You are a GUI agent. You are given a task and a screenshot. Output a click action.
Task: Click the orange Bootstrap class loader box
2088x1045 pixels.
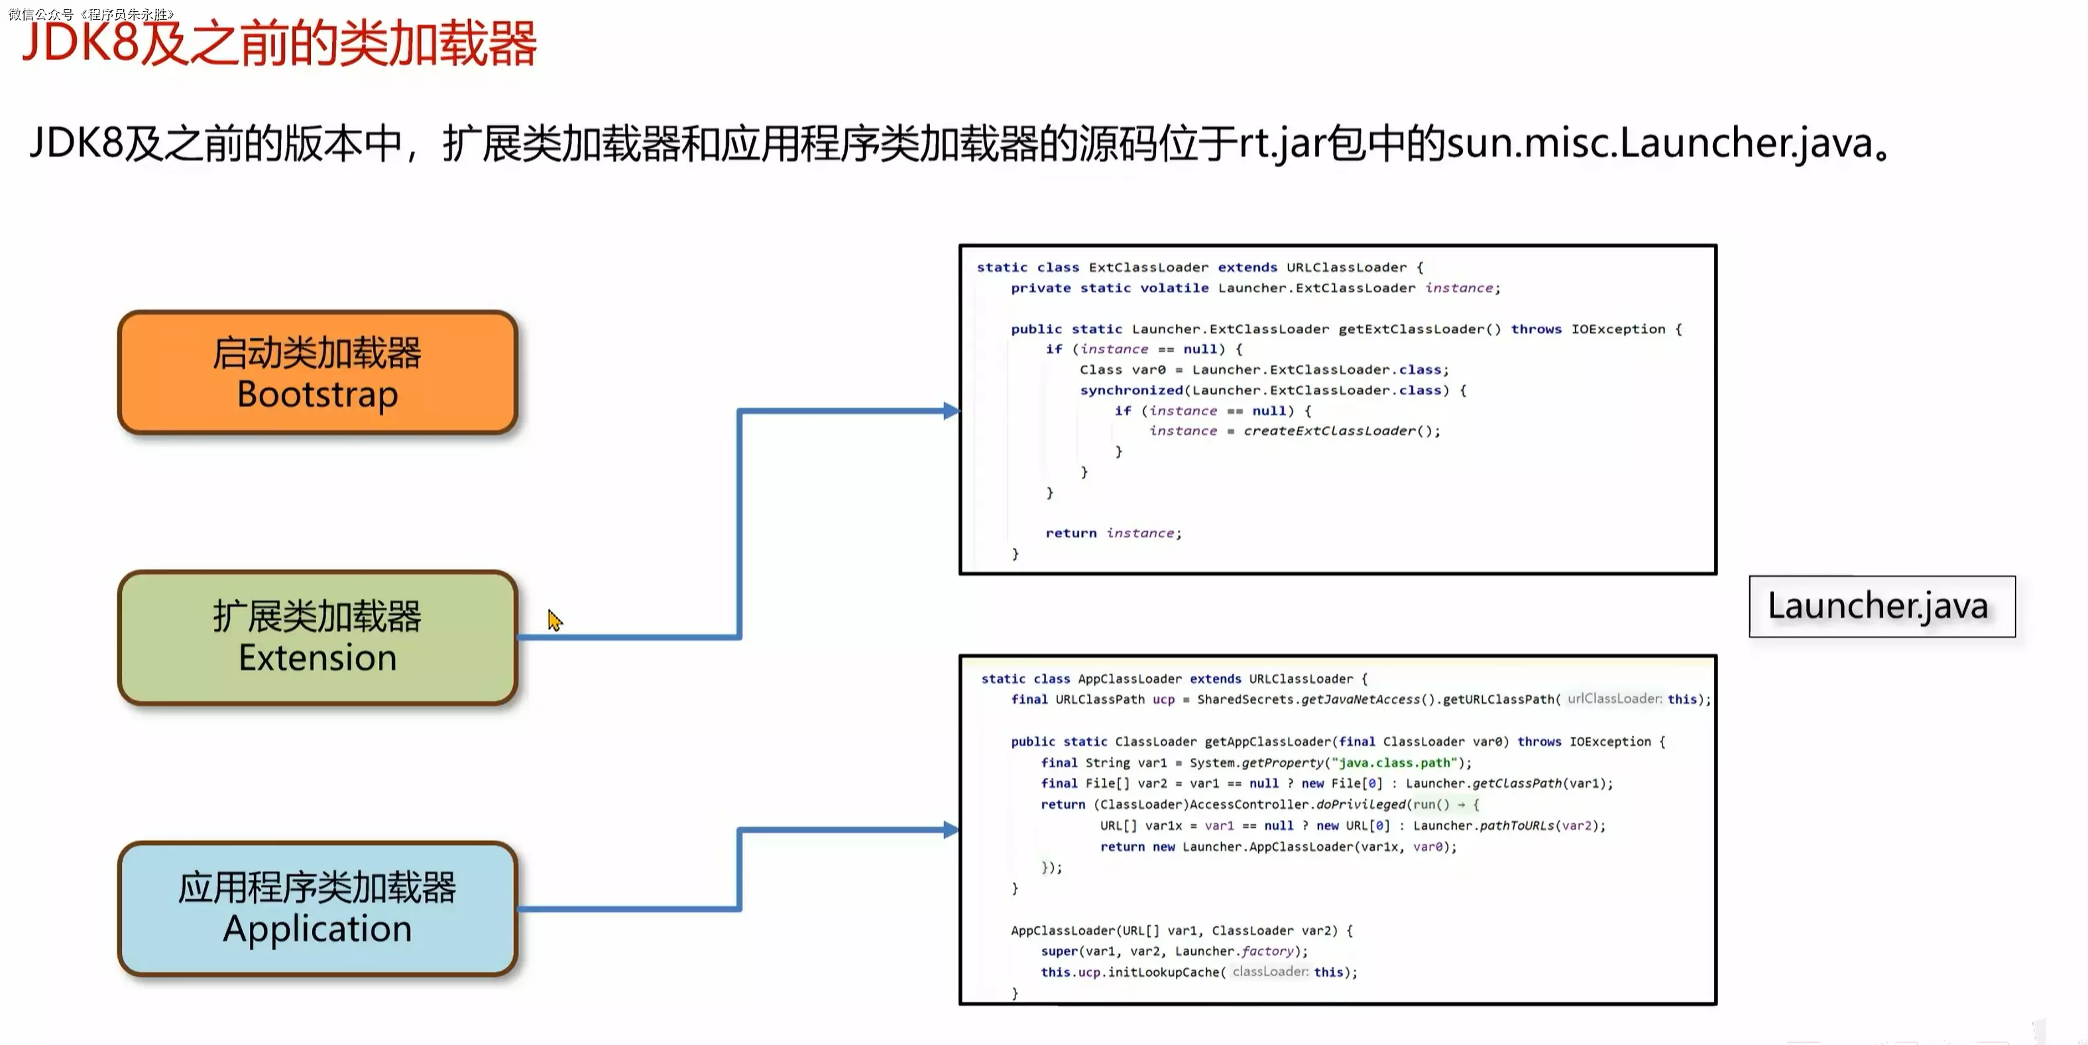coord(317,373)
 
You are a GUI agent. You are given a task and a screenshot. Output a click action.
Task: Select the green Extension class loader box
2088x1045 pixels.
coord(317,637)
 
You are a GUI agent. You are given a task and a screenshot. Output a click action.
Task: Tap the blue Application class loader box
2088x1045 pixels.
coord(317,908)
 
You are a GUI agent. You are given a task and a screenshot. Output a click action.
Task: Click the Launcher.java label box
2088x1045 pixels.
coord(1881,607)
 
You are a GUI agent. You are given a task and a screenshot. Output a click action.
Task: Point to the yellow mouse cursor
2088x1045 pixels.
coord(553,620)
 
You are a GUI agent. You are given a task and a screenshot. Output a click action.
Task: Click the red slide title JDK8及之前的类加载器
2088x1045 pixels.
coord(280,44)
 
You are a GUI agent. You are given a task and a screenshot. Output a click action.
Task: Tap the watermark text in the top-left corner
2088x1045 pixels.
coord(91,14)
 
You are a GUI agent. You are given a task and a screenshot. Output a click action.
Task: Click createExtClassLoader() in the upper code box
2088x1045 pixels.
coord(1341,431)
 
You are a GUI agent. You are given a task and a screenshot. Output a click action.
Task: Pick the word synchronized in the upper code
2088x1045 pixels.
coord(1131,390)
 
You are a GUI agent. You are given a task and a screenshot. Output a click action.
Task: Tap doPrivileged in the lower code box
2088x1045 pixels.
coord(1361,804)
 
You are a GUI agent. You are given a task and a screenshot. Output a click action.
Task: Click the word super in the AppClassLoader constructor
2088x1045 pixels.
coord(1059,951)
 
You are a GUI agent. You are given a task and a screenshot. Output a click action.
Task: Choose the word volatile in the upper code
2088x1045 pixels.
coord(1174,288)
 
